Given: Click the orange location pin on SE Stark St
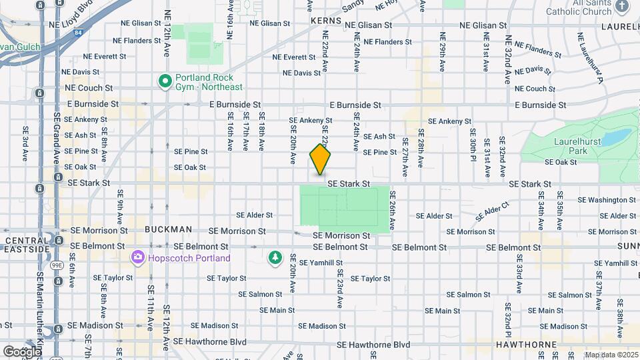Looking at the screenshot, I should [x=321, y=160].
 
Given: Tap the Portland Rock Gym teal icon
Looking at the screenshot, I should [x=165, y=81].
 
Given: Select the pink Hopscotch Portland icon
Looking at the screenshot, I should [x=138, y=257].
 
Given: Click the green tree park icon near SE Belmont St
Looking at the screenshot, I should [x=274, y=257].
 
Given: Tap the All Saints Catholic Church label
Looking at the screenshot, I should [x=588, y=7].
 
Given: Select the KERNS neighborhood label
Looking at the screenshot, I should [x=325, y=21].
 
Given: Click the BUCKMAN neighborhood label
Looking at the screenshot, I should [x=168, y=229].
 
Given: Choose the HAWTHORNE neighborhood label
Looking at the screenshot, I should [x=526, y=345].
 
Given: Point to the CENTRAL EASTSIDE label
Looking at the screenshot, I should [x=26, y=244].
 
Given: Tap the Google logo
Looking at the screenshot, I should [x=22, y=351].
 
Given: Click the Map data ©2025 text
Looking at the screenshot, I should [x=611, y=355].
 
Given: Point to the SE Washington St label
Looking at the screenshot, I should [x=607, y=199].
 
